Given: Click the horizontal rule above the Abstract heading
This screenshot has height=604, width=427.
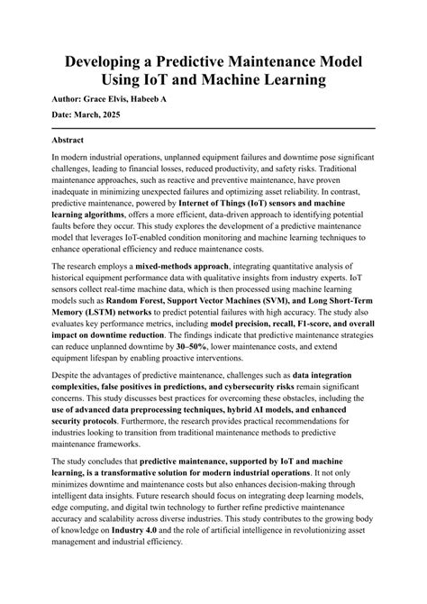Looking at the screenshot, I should pyautogui.click(x=213, y=129).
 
